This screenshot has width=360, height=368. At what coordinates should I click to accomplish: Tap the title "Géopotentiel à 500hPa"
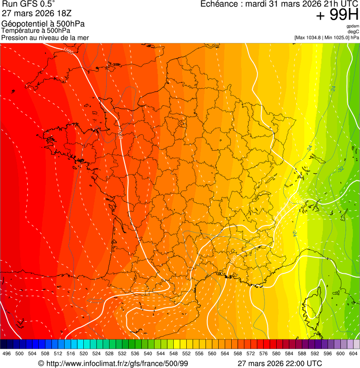coord(43,24)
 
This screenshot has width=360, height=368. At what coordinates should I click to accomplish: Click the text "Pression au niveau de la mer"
coord(45,37)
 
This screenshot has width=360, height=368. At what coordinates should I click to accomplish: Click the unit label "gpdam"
coord(353,26)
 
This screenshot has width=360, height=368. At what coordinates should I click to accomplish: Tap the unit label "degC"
coord(353,32)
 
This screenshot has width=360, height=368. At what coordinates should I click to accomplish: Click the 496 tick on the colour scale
coord(7,353)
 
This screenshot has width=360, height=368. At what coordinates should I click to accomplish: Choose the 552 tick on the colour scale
coord(186,353)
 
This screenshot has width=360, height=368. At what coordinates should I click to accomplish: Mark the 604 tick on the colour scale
coord(353,353)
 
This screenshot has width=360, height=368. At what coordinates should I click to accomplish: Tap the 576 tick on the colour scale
coord(264,353)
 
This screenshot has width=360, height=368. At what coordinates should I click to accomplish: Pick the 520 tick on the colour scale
coord(84,353)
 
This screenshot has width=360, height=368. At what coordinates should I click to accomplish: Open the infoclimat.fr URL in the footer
coord(117,363)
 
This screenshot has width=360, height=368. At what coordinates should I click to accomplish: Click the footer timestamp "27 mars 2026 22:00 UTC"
coord(279,363)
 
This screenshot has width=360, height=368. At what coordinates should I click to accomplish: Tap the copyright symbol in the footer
coord(41,363)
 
